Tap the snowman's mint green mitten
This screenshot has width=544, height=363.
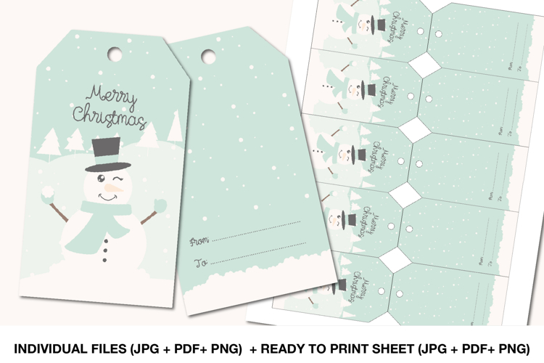click(x=160, y=206)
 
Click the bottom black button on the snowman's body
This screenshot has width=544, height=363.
click(x=105, y=258)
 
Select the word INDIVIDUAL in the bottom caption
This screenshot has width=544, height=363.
click(x=51, y=348)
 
